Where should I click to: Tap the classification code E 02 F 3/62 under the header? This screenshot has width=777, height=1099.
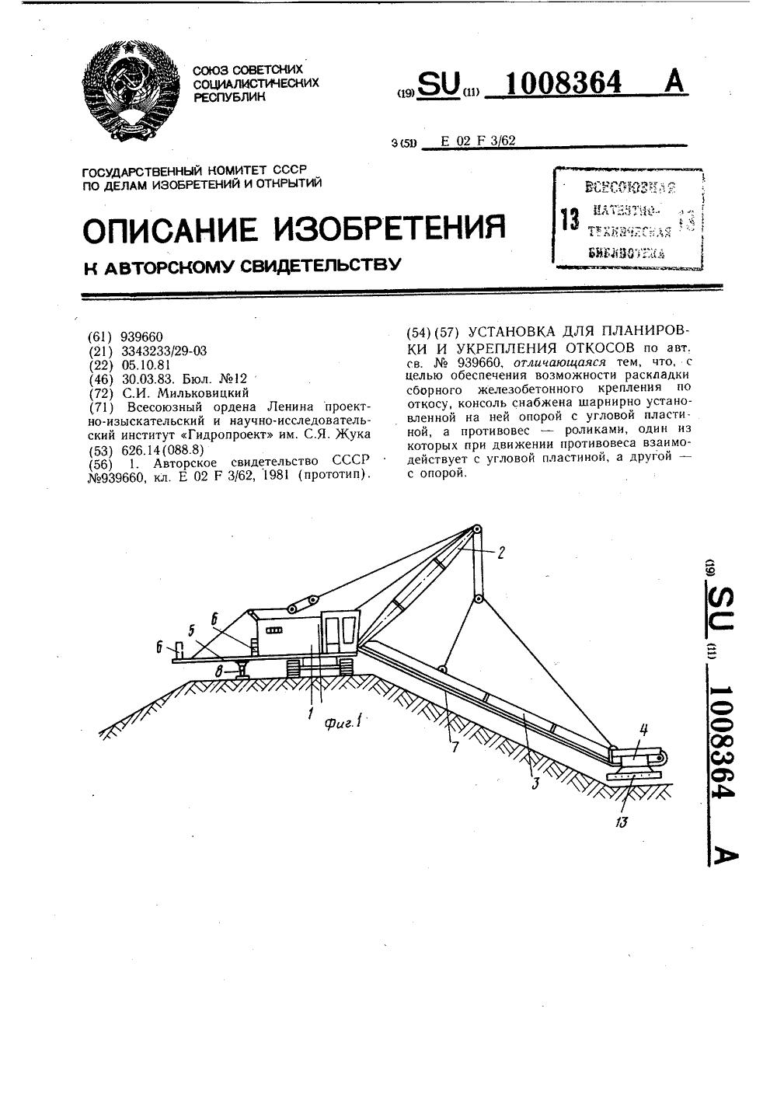[478, 141]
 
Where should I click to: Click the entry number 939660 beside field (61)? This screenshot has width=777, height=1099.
[142, 337]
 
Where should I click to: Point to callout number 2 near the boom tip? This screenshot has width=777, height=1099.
[501, 553]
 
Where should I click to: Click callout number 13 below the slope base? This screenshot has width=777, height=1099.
[621, 822]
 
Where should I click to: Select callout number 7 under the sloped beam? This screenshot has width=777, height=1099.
[455, 748]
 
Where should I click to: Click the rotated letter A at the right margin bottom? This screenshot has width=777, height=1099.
[724, 855]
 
